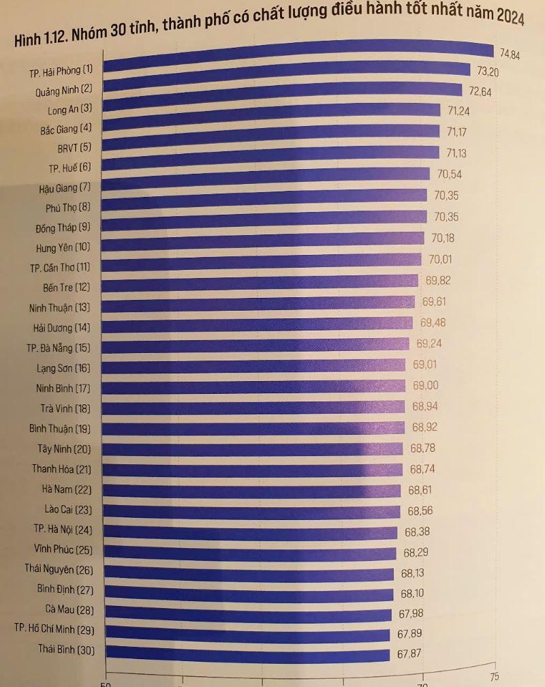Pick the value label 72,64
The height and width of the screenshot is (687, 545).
point(465,91)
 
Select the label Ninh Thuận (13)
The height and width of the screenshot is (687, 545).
point(60,307)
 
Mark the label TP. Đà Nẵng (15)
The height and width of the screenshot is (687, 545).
point(59,348)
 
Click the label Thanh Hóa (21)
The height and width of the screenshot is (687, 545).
point(61,469)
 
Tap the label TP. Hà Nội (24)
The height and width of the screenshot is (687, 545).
point(63,529)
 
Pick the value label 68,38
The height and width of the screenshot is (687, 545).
point(417,532)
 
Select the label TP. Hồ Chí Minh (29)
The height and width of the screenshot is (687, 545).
point(54,628)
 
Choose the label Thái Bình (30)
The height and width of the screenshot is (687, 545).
point(66,650)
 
